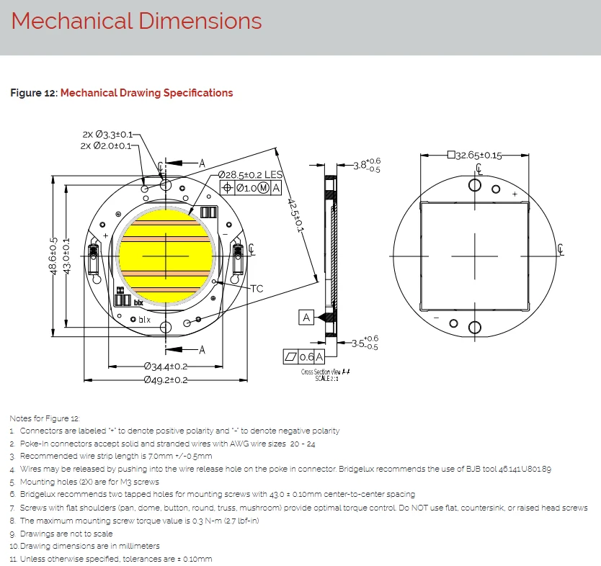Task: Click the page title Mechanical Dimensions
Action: coord(136,21)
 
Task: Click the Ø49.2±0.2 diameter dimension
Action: coord(166,380)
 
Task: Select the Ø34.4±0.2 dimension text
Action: coord(166,367)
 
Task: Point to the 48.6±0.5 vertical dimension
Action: coord(53,256)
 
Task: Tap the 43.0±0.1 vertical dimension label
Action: coord(66,256)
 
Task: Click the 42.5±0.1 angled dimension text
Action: coord(295,215)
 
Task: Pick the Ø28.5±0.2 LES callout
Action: coord(250,175)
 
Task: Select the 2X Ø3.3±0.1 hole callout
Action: coord(107,135)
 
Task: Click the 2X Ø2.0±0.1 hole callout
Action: coord(106,146)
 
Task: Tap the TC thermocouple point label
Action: coord(257,288)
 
